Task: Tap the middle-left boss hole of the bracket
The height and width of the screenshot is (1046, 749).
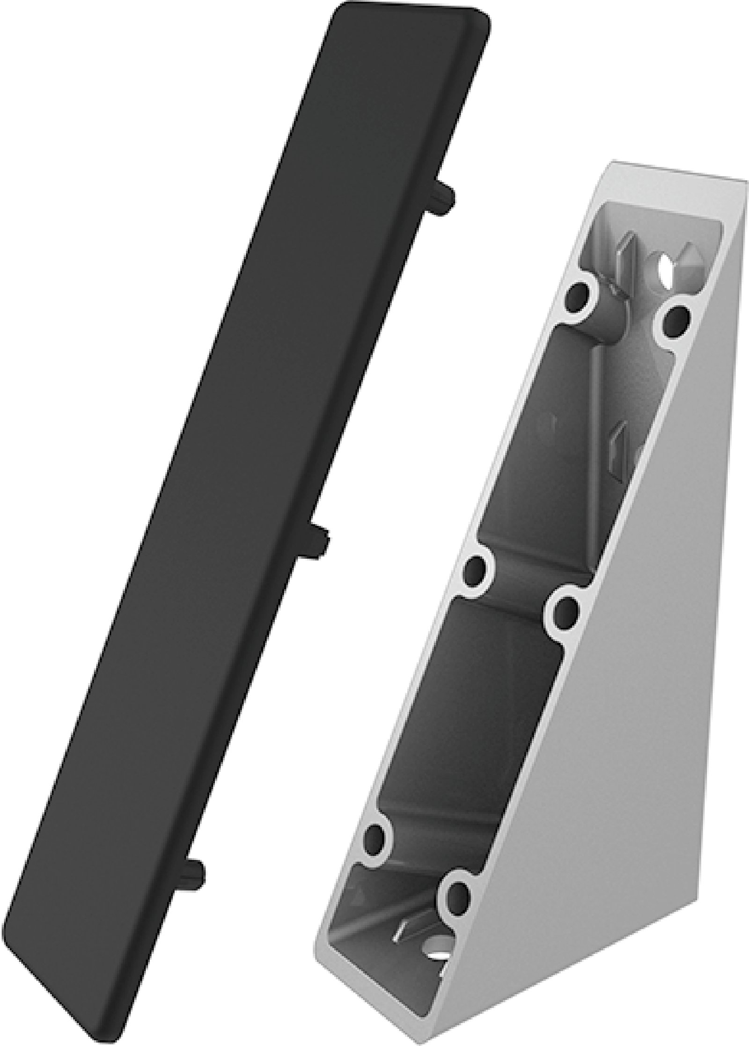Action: pyautogui.click(x=476, y=570)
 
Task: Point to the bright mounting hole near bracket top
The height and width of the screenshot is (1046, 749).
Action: pyautogui.click(x=667, y=268)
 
